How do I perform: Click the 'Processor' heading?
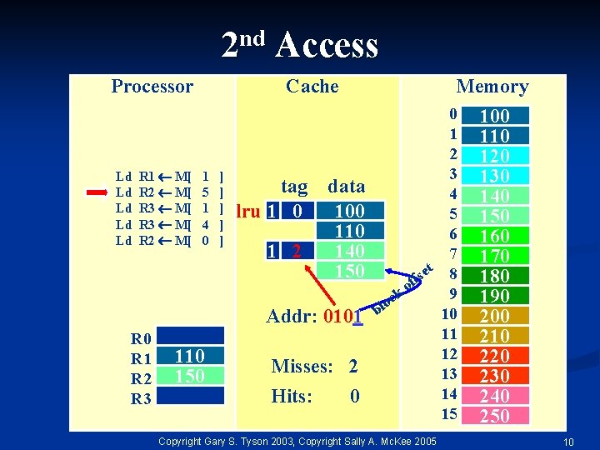(x=152, y=87)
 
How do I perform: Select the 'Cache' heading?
(x=312, y=87)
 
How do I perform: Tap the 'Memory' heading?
(x=492, y=87)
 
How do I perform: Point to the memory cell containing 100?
(x=495, y=116)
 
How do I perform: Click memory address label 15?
(x=450, y=414)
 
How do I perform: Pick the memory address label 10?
(x=450, y=314)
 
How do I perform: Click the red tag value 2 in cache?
(x=297, y=251)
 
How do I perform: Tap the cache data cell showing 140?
(x=349, y=251)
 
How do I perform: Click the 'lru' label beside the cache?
(x=248, y=212)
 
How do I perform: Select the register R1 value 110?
(x=190, y=357)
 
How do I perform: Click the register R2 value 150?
(x=190, y=376)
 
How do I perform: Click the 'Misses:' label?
(x=302, y=367)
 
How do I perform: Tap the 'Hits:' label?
(x=292, y=397)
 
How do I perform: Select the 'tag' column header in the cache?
(x=294, y=187)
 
